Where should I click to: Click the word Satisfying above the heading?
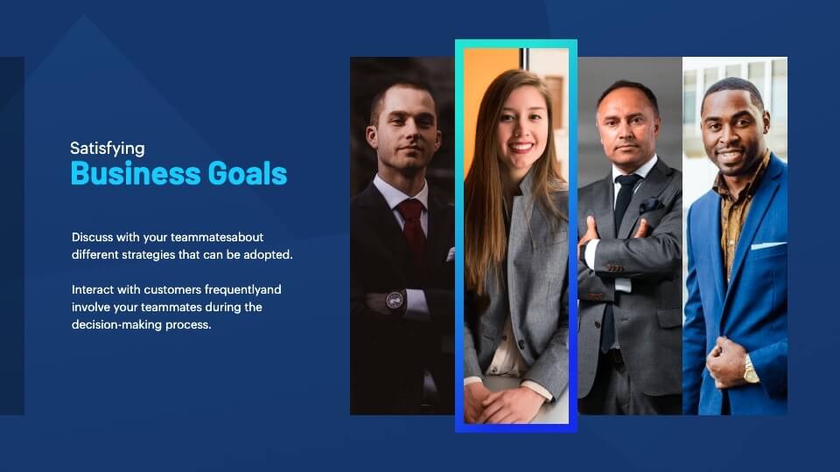tap(107, 149)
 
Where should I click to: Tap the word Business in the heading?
tap(136, 173)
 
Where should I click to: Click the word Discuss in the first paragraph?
tap(92, 237)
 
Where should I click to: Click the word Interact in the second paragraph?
tap(93, 289)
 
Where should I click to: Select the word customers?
tap(172, 289)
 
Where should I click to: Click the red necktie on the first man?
tap(412, 227)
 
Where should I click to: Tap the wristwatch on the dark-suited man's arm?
tap(395, 300)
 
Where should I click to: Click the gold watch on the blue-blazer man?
tap(751, 370)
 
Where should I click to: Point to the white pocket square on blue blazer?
tap(767, 246)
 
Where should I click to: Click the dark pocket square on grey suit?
tap(651, 205)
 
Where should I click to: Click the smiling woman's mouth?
tap(521, 146)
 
